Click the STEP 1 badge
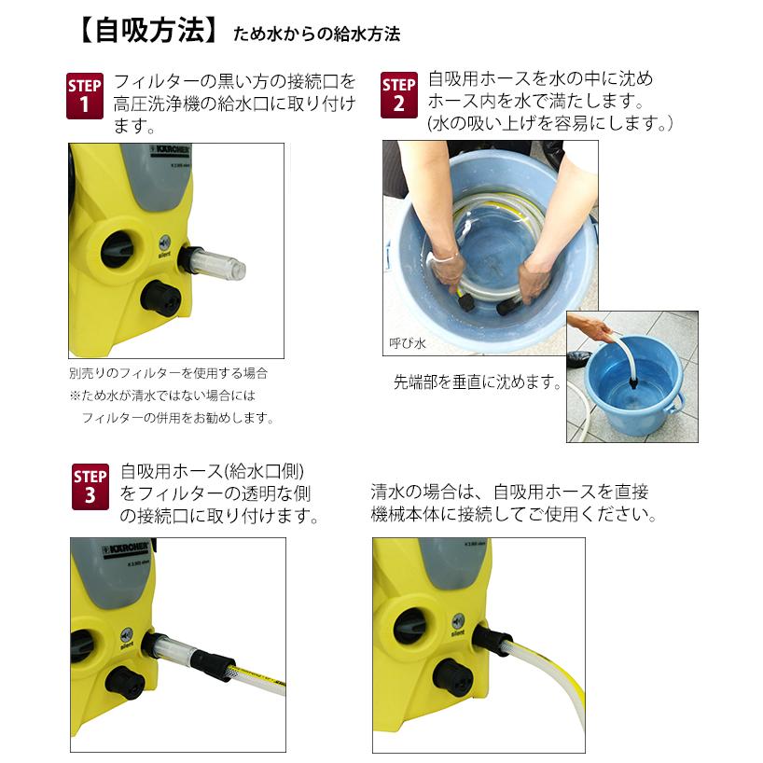(86, 94)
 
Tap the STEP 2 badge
(399, 94)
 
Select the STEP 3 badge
(90, 485)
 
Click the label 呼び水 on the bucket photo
(407, 344)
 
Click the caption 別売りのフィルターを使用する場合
(168, 372)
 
